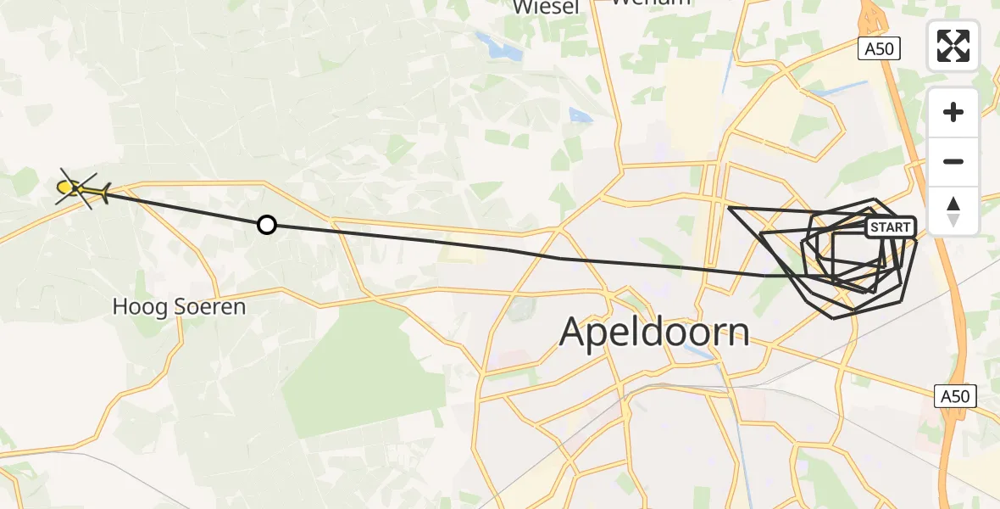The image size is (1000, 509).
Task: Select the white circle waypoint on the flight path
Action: pos(267,225)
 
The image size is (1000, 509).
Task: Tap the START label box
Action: pos(891,227)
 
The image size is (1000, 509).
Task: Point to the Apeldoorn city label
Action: pos(654,332)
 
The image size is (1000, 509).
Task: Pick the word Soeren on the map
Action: pos(211,306)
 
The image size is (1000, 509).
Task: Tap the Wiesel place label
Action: pos(546,8)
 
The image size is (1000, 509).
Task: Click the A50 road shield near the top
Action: pos(878,49)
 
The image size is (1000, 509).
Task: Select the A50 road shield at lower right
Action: pos(957,395)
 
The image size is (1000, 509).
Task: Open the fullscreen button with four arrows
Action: pos(953,46)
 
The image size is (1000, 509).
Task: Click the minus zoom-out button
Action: pos(953,162)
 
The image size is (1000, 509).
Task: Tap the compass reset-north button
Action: pos(953,211)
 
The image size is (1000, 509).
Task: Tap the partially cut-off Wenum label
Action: pos(651,3)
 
